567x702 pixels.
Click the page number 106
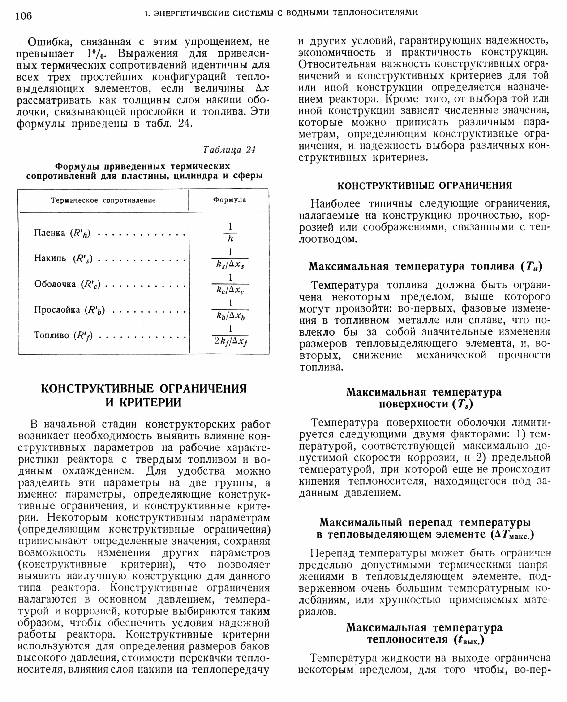click(x=24, y=16)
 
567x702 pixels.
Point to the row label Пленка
click(x=49, y=233)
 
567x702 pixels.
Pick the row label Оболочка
click(x=55, y=284)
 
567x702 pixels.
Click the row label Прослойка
click(x=57, y=309)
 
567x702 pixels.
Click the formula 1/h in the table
click(x=230, y=233)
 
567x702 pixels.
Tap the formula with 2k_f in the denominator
click(x=230, y=335)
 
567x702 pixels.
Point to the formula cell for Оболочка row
click(x=230, y=284)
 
